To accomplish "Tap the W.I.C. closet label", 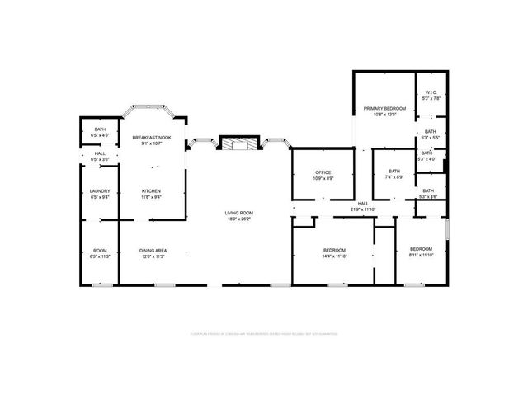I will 430,92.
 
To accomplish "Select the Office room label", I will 323,172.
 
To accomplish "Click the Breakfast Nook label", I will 152,137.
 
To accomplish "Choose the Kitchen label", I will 151,190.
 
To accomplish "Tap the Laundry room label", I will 99,191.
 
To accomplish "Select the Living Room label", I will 239,214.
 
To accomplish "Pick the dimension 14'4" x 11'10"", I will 333,256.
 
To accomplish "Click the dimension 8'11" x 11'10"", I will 421,256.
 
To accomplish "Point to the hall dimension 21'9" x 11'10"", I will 362,209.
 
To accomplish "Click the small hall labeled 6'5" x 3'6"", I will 99,155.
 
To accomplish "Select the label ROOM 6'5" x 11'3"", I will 99,253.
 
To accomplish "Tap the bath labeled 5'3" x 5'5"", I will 430,134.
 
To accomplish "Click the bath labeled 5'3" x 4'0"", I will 427,156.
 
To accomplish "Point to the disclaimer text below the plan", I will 264,334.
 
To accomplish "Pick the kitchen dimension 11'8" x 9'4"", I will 151,196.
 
